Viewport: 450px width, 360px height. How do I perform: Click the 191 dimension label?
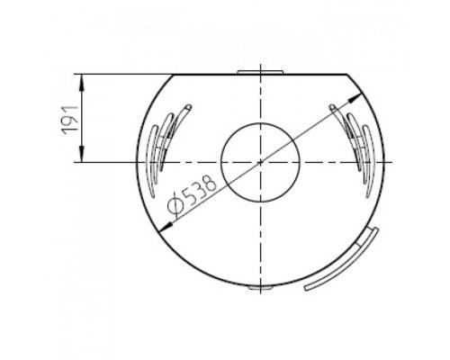click(x=69, y=120)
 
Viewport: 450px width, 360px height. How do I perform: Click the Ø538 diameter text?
click(x=192, y=195)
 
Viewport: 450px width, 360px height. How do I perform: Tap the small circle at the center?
click(x=260, y=162)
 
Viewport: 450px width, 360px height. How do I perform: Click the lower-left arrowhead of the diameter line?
click(x=165, y=227)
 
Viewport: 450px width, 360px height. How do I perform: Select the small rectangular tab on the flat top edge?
click(x=260, y=72)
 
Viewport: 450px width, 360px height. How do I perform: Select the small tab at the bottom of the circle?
click(x=260, y=287)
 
